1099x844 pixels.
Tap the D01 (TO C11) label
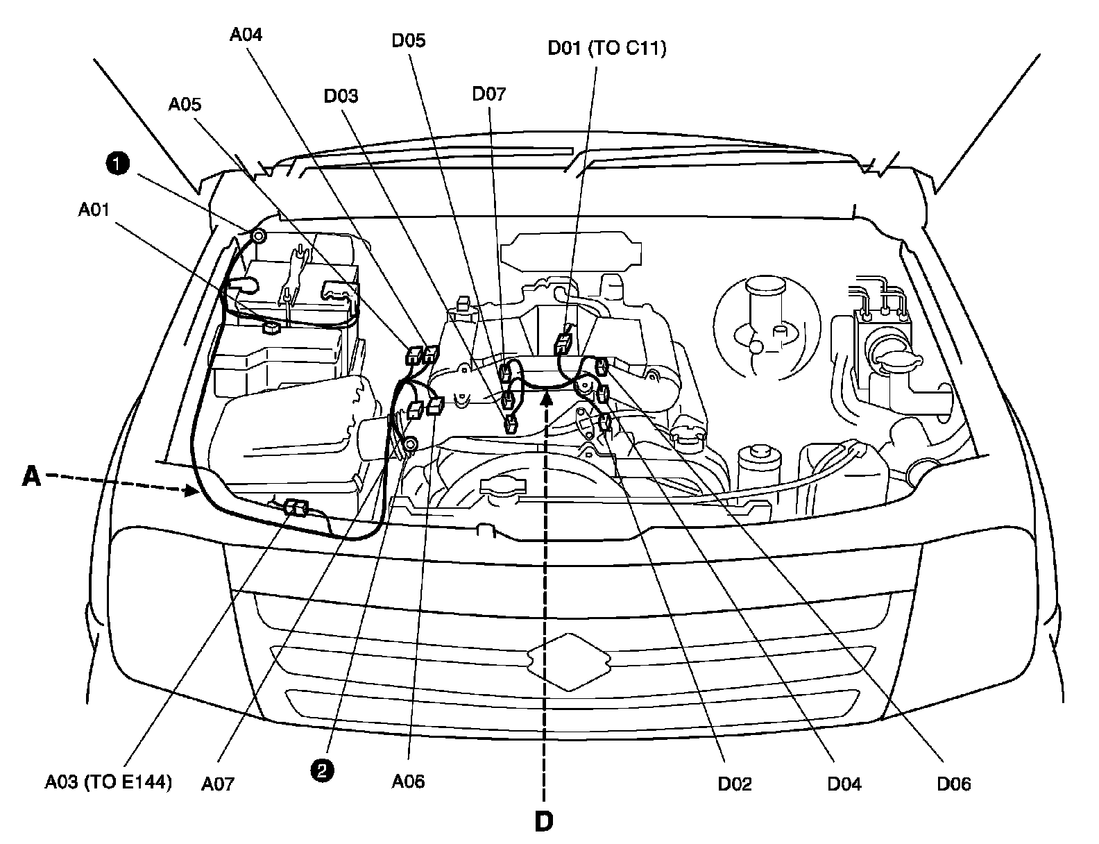pyautogui.click(x=606, y=49)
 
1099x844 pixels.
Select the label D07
pyautogui.click(x=489, y=94)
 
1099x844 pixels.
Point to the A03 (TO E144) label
pyautogui.click(x=108, y=782)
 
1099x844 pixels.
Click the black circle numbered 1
pyautogui.click(x=118, y=164)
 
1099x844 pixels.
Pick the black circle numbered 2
pyautogui.click(x=324, y=769)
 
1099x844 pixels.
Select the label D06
pyautogui.click(x=954, y=784)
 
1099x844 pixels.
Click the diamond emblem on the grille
pyautogui.click(x=568, y=661)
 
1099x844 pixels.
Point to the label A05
pyautogui.click(x=185, y=104)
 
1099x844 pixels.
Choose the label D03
pyautogui.click(x=341, y=95)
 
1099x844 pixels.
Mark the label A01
pyautogui.click(x=94, y=208)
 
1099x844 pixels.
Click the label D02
pyautogui.click(x=735, y=784)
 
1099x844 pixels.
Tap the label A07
pyautogui.click(x=218, y=784)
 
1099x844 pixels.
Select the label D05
pyautogui.click(x=408, y=40)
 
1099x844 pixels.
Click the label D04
pyautogui.click(x=844, y=784)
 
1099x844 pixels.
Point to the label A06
pyautogui.click(x=408, y=782)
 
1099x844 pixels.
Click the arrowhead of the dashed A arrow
pyautogui.click(x=194, y=492)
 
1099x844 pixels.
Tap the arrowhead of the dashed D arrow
pyautogui.click(x=547, y=398)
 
